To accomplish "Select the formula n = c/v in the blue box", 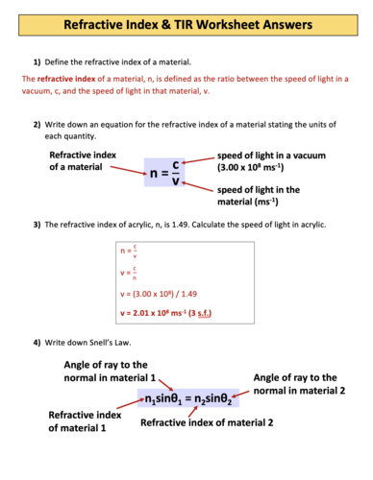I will (x=165, y=174).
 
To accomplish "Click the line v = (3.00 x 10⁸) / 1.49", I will (x=159, y=295).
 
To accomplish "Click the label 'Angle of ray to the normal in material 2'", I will (x=308, y=385).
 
